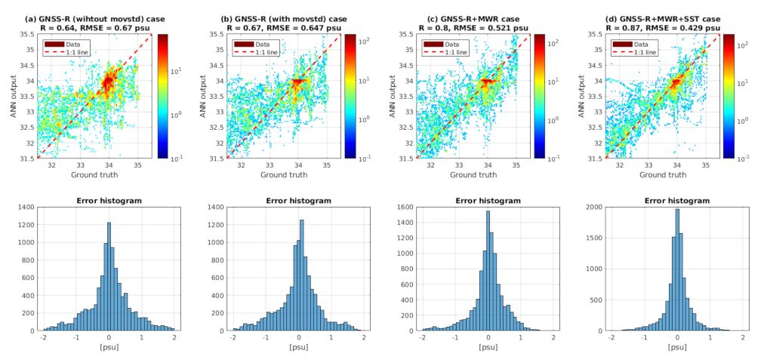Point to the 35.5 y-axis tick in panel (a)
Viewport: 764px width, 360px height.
pos(28,35)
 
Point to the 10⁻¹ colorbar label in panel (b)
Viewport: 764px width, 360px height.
pos(367,158)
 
